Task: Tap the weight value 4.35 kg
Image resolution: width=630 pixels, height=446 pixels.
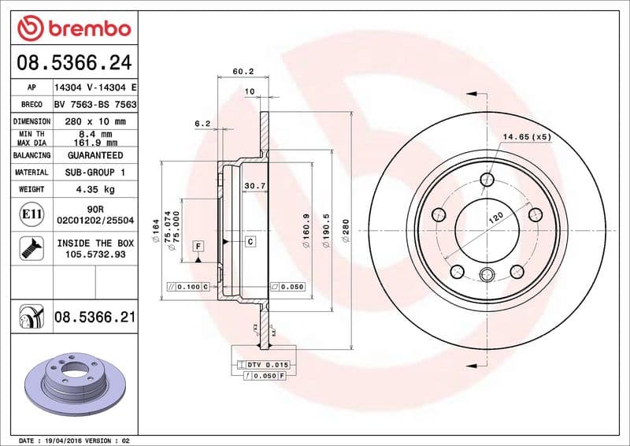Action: pyautogui.click(x=95, y=189)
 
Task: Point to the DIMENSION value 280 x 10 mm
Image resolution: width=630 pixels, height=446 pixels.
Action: pyautogui.click(x=95, y=121)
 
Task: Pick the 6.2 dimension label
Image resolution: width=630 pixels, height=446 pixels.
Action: pyautogui.click(x=202, y=123)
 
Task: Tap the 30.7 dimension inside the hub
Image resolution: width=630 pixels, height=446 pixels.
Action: pyautogui.click(x=253, y=186)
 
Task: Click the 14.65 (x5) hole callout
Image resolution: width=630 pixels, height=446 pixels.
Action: pyautogui.click(x=527, y=137)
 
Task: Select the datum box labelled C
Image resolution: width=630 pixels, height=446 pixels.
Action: pyautogui.click(x=250, y=241)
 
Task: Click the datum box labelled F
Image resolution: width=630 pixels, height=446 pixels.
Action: pyautogui.click(x=198, y=247)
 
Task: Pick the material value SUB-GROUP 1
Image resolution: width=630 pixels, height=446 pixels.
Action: pyautogui.click(x=95, y=172)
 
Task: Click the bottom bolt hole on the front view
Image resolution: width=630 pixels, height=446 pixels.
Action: pyautogui.click(x=486, y=275)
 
